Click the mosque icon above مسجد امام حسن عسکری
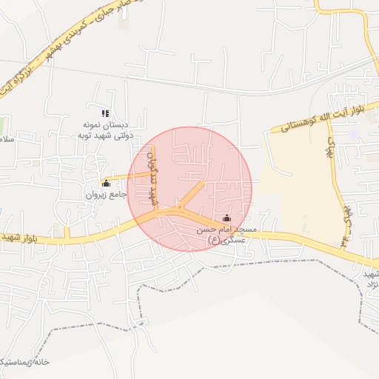pos(227,218)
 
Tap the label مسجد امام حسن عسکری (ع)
pos(226,235)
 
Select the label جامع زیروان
pos(106,195)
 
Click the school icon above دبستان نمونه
pos(105,113)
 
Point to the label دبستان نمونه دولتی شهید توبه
pos(106,130)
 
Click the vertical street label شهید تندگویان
pos(154,178)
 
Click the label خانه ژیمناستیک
pos(25,362)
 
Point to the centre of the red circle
pos(189,189)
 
